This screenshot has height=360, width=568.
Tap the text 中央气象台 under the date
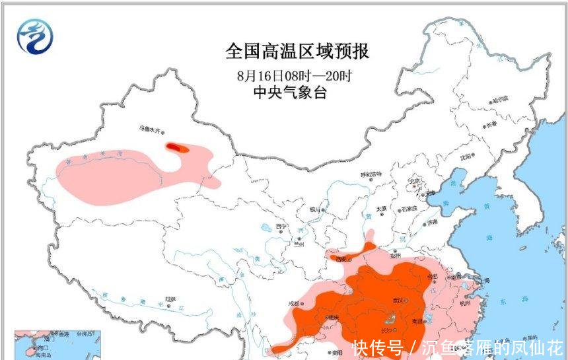point(290,93)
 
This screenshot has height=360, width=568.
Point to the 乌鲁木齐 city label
point(149,129)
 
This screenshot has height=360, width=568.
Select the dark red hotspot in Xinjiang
point(176,148)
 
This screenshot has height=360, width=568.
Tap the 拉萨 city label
point(171,299)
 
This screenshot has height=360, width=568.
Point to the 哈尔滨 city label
point(500,100)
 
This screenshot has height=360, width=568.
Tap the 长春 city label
point(490,124)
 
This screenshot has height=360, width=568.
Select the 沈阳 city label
point(467,157)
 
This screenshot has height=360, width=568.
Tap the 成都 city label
point(293,305)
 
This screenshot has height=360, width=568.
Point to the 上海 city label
point(481,280)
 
